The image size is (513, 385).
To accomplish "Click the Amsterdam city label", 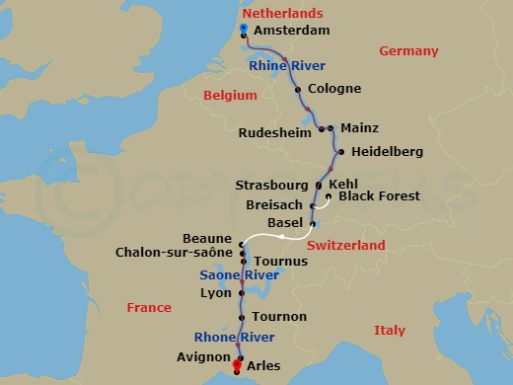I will pyautogui.click(x=291, y=32).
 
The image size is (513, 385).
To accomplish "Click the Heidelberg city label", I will pyautogui.click(x=386, y=152).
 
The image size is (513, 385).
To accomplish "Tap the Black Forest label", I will pyautogui.click(x=379, y=196).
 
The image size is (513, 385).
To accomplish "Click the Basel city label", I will pyautogui.click(x=285, y=222).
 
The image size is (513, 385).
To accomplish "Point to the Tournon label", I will pyautogui.click(x=279, y=317).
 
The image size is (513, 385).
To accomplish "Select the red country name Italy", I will pyautogui.click(x=390, y=331).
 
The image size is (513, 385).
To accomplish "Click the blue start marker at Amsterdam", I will pyautogui.click(x=243, y=29).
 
